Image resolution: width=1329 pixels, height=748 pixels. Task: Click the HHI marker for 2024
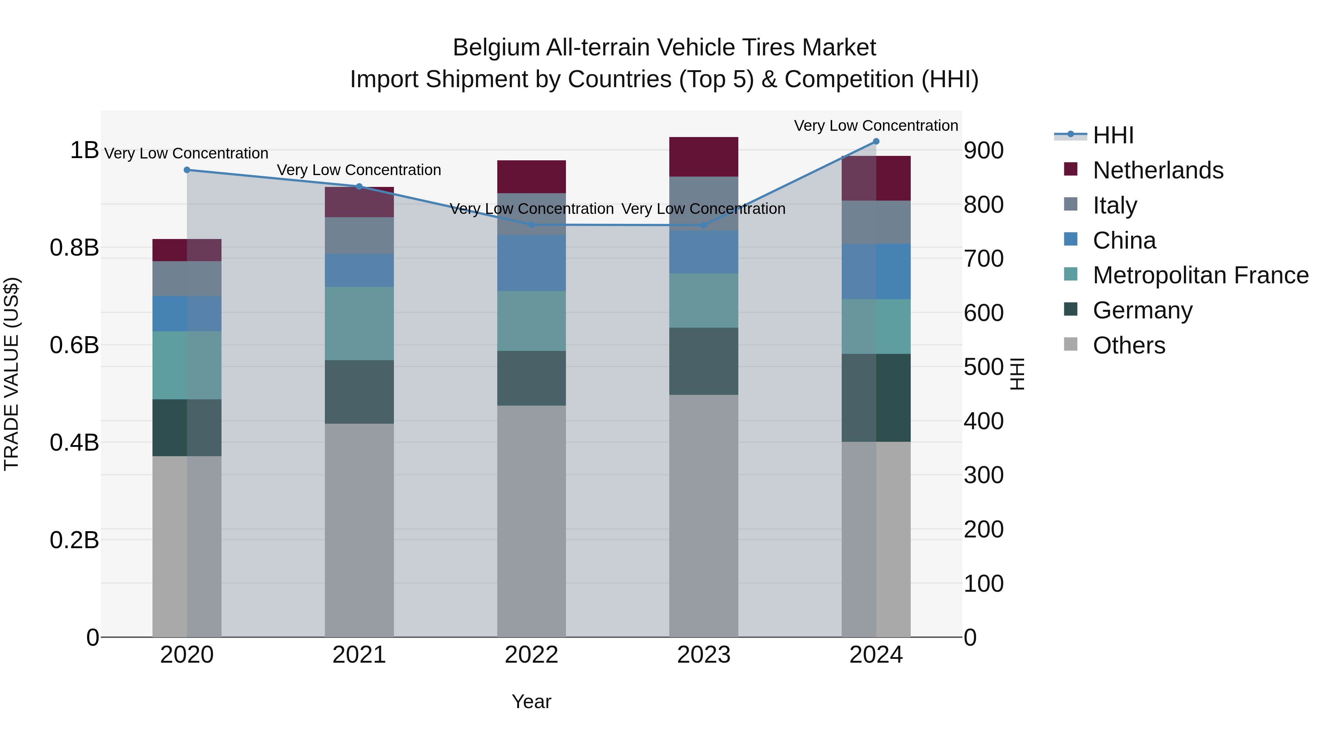pos(876,141)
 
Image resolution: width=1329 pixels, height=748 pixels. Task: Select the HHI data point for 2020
pos(187,170)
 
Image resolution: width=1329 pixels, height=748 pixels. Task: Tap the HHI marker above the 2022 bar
pos(531,225)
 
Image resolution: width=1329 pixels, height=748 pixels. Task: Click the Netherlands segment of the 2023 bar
pos(704,157)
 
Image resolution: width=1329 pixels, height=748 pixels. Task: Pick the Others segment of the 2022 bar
pos(531,521)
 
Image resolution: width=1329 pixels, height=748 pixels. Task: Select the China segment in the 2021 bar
pos(359,270)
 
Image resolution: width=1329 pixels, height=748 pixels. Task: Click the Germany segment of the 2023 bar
pos(704,361)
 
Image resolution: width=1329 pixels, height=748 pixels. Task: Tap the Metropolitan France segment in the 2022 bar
pos(531,321)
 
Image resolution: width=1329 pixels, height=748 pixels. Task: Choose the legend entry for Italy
pos(1115,205)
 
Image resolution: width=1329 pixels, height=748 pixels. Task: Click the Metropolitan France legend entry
pos(1200,275)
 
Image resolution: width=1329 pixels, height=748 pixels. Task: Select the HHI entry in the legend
pos(1113,135)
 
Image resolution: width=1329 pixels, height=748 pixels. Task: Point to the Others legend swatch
pos(1071,344)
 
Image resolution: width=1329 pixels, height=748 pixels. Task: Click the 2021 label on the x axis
pos(359,655)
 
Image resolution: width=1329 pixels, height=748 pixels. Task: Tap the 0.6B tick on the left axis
pos(74,345)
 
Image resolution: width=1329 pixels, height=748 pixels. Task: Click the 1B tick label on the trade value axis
pos(84,150)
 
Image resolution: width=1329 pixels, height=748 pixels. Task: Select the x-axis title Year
pos(531,701)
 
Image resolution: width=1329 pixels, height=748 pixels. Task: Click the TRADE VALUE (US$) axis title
pos(11,374)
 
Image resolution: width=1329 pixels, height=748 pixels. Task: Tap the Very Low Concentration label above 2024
pos(876,126)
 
